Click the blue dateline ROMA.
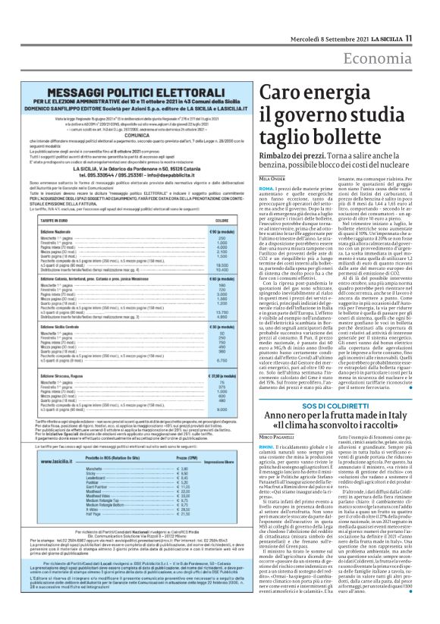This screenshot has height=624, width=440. (x=245, y=187)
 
